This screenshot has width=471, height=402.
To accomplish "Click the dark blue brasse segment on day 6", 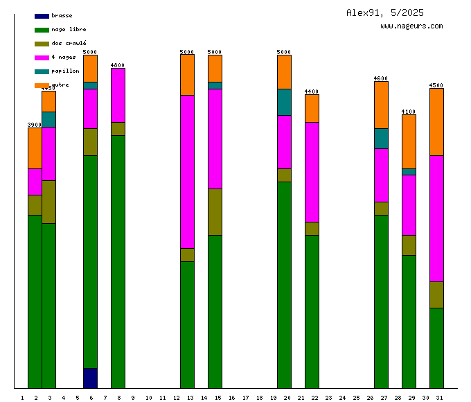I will (x=90, y=378).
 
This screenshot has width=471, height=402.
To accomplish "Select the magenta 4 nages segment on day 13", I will (x=187, y=171).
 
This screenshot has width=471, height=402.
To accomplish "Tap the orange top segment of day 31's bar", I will (x=436, y=121).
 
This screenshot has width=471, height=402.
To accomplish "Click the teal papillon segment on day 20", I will (x=284, y=102).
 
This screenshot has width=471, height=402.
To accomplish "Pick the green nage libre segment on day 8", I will (x=118, y=261).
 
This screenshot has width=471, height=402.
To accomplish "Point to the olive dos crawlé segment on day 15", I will (x=215, y=211).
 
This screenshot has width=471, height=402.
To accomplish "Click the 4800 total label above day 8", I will (x=118, y=65).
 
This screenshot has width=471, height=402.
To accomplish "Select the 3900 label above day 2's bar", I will (x=35, y=125).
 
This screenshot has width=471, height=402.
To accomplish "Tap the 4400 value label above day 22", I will (x=312, y=91).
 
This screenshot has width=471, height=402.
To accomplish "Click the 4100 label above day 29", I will (x=409, y=112).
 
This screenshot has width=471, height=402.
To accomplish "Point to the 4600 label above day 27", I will (x=381, y=78).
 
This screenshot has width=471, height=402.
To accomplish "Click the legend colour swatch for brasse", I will (x=42, y=15).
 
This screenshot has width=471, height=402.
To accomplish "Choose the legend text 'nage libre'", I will (x=69, y=29).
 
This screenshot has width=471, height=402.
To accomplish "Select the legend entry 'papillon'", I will (x=65, y=71).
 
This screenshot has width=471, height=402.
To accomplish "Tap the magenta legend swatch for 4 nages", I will (x=42, y=57).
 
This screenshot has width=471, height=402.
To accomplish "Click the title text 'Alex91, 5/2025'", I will (x=385, y=12).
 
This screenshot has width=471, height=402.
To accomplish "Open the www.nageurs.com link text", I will (x=411, y=26).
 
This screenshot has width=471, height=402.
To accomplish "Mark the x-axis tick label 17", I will (x=245, y=398).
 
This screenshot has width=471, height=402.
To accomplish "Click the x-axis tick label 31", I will (x=439, y=398).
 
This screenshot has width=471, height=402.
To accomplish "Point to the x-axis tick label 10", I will (x=148, y=398).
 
